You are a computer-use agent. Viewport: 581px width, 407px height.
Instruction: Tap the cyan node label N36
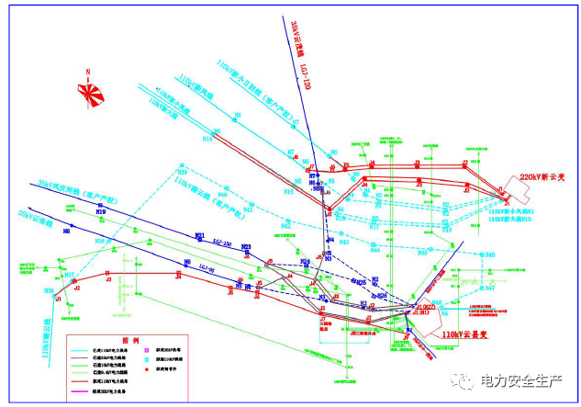(x=49, y=290)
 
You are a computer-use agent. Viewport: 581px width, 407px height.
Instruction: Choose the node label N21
(x=199, y=236)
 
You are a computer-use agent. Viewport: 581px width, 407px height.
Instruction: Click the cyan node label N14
(x=208, y=139)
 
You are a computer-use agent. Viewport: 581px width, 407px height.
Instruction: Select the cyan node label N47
(x=490, y=288)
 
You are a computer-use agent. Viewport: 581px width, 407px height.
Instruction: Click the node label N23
(x=246, y=247)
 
